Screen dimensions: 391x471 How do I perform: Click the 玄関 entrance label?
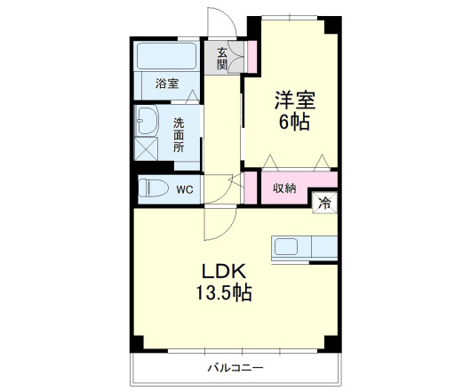coord(222,58)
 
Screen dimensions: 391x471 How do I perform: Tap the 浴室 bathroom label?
coord(167,84)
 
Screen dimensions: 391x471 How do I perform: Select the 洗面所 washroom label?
coord(179,135)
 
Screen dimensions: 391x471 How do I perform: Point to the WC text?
coord(184,189)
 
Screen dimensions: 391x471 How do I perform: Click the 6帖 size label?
coord(293,124)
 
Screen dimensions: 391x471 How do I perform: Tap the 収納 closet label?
coord(284,188)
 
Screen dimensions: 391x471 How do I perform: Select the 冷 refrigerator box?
coord(325,203)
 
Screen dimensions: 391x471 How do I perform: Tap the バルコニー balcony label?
coord(235,367)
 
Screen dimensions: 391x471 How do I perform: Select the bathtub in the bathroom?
coord(167,57)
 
